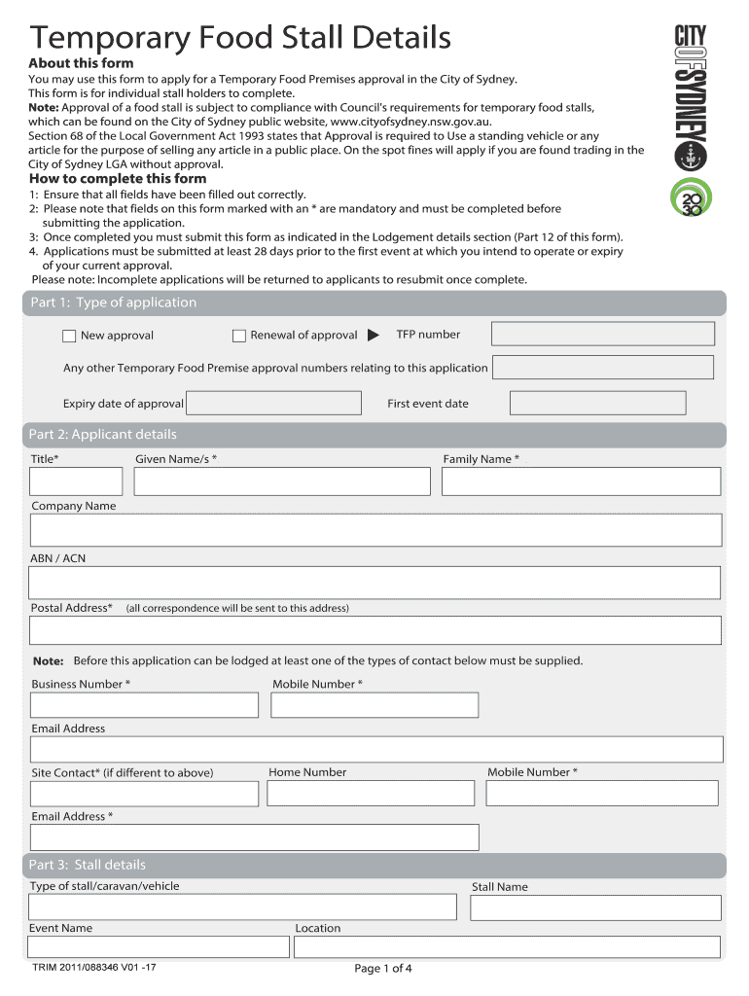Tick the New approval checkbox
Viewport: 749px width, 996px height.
pyautogui.click(x=69, y=337)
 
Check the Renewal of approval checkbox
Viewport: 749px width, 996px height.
pyautogui.click(x=239, y=337)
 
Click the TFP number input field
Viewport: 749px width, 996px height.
pyautogui.click(x=602, y=334)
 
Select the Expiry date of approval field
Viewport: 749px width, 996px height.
pyautogui.click(x=272, y=403)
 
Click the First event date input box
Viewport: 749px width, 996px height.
pyautogui.click(x=597, y=403)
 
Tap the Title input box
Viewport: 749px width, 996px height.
pyautogui.click(x=76, y=481)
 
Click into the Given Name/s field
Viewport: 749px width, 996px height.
pyautogui.click(x=282, y=481)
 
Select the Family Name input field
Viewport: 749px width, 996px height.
pyautogui.click(x=581, y=481)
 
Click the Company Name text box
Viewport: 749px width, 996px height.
pyautogui.click(x=375, y=530)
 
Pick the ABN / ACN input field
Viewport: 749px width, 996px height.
pyautogui.click(x=374, y=583)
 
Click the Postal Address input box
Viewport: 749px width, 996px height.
pyautogui.click(x=374, y=630)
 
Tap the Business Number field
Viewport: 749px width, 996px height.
pyautogui.click(x=144, y=705)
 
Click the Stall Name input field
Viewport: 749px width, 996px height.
pyautogui.click(x=595, y=907)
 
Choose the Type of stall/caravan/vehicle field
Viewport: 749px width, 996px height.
pyautogui.click(x=242, y=907)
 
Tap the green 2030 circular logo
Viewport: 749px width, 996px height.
pyautogui.click(x=691, y=198)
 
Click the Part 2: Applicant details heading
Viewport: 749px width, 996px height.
pyautogui.click(x=103, y=435)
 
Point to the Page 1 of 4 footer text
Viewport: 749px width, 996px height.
pyautogui.click(x=383, y=969)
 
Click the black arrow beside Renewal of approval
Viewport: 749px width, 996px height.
pyautogui.click(x=373, y=337)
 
